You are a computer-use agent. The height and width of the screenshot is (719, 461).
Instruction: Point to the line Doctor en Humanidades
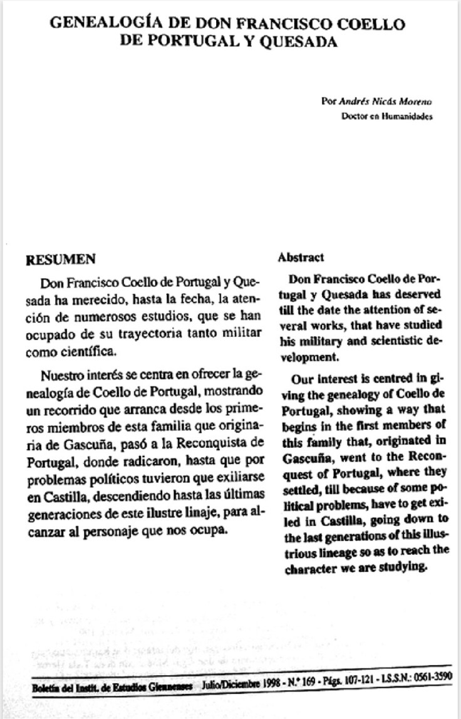(x=386, y=116)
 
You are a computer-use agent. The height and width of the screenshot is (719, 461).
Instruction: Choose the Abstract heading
(x=301, y=257)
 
